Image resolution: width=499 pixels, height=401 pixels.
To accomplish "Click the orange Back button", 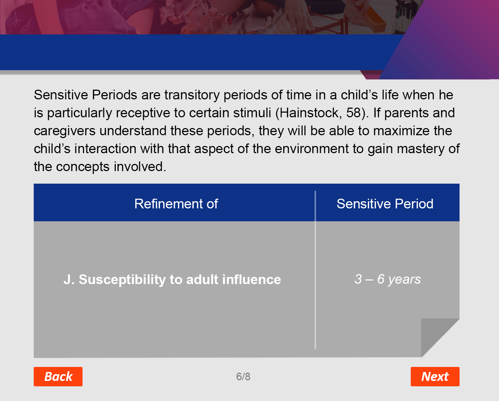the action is (x=58, y=376).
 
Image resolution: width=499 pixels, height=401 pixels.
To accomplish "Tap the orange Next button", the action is (x=435, y=376).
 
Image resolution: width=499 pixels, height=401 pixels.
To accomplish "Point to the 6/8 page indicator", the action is (x=243, y=377).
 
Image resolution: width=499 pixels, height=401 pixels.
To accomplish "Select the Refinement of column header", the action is (x=176, y=204).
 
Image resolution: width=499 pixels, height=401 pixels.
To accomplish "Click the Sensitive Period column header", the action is (x=385, y=204).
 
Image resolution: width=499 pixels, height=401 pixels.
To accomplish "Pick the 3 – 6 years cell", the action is (x=387, y=279).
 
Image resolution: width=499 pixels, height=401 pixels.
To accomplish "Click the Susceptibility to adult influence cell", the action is (x=172, y=279).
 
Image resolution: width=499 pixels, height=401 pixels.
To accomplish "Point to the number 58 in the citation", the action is (x=354, y=113).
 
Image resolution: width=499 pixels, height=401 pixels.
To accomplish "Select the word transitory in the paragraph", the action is (x=192, y=95).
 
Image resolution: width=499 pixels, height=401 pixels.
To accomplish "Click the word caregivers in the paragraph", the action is (x=65, y=131).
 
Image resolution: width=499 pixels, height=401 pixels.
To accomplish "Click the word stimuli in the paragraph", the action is (x=252, y=113).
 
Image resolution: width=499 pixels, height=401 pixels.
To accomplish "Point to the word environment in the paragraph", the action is (x=312, y=148).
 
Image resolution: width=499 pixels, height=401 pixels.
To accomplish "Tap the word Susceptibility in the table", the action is (x=122, y=280).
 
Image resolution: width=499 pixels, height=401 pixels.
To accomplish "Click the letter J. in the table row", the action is (x=69, y=279).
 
